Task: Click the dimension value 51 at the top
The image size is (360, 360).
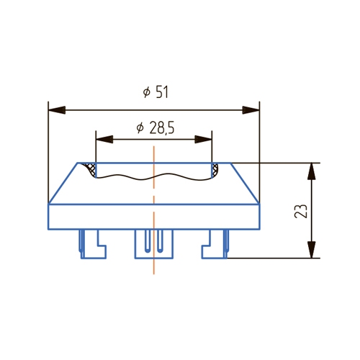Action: point(162,92)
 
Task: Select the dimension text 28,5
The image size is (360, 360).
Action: point(162,128)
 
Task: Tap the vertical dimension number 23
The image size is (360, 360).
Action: point(301,211)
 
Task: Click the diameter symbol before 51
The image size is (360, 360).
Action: point(147,92)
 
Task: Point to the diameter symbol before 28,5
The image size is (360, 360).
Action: point(140,128)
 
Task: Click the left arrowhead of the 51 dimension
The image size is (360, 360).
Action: point(57,110)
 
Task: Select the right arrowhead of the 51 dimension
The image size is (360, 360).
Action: point(251,110)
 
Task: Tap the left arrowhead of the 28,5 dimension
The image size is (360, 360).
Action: point(104,139)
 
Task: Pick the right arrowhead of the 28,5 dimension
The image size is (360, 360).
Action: point(203,139)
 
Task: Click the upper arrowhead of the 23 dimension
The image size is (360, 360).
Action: point(312,171)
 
